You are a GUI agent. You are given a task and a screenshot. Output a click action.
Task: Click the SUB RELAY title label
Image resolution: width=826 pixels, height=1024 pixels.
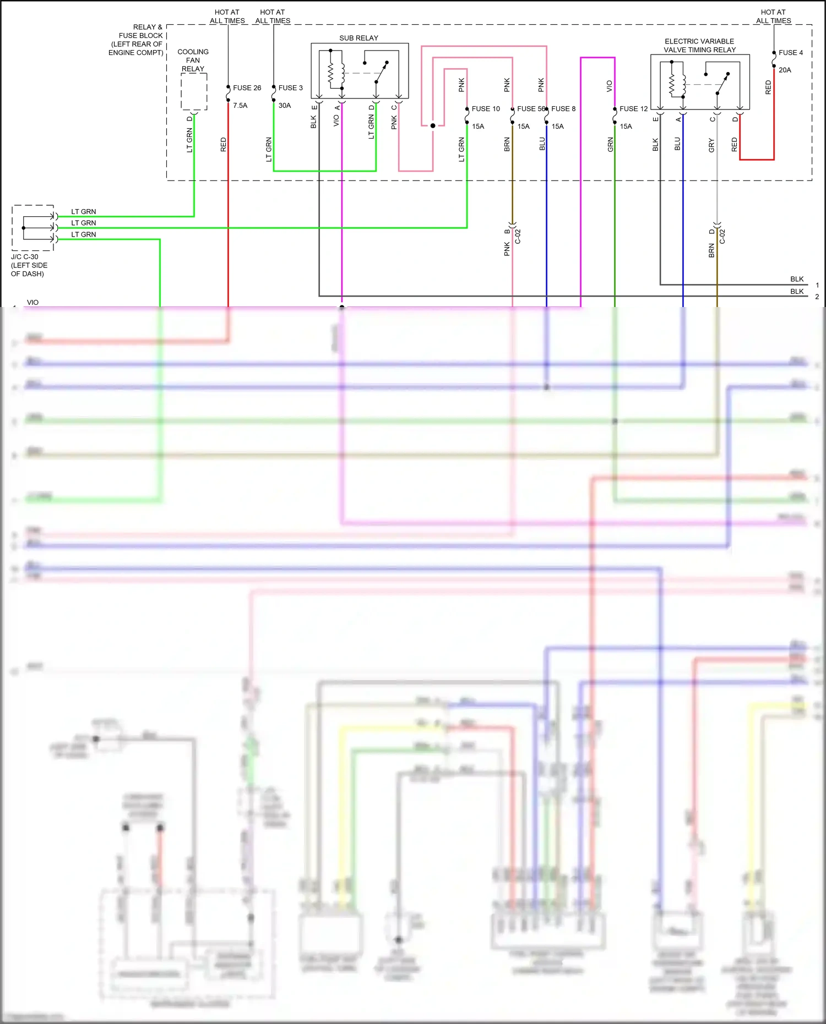click(358, 38)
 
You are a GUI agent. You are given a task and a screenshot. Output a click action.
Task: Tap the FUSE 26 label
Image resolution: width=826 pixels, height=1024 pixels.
click(247, 88)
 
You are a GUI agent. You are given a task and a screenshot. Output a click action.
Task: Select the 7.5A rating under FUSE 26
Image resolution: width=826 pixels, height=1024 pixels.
click(240, 106)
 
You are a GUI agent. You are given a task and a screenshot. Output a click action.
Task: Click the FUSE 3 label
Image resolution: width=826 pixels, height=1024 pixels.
click(290, 88)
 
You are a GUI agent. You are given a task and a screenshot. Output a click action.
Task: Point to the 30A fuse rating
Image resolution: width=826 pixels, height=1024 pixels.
click(285, 106)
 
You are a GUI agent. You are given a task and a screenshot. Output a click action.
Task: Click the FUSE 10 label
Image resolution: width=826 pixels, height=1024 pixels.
click(486, 109)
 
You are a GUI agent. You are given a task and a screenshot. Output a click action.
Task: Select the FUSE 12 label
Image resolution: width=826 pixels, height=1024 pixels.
click(633, 109)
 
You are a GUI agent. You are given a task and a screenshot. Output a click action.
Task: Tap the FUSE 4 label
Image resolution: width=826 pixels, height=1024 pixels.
click(790, 53)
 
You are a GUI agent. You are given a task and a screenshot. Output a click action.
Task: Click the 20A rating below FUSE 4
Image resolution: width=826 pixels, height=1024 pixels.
click(785, 70)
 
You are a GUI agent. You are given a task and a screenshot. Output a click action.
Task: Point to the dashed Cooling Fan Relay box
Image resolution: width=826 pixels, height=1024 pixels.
click(194, 92)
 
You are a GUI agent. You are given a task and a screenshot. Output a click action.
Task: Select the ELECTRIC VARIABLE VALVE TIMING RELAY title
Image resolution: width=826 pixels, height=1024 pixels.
click(699, 46)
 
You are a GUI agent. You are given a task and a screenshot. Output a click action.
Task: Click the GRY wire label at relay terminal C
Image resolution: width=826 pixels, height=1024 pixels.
click(711, 145)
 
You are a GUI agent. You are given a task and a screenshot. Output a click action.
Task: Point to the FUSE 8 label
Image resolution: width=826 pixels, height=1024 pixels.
click(563, 109)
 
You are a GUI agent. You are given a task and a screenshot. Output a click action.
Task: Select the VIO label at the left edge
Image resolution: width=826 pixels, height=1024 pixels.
click(33, 303)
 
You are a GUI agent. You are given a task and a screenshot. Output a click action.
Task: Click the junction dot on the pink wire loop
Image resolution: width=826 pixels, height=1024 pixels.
click(433, 125)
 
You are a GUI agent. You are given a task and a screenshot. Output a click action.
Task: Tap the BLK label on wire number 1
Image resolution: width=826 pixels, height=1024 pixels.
click(797, 280)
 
